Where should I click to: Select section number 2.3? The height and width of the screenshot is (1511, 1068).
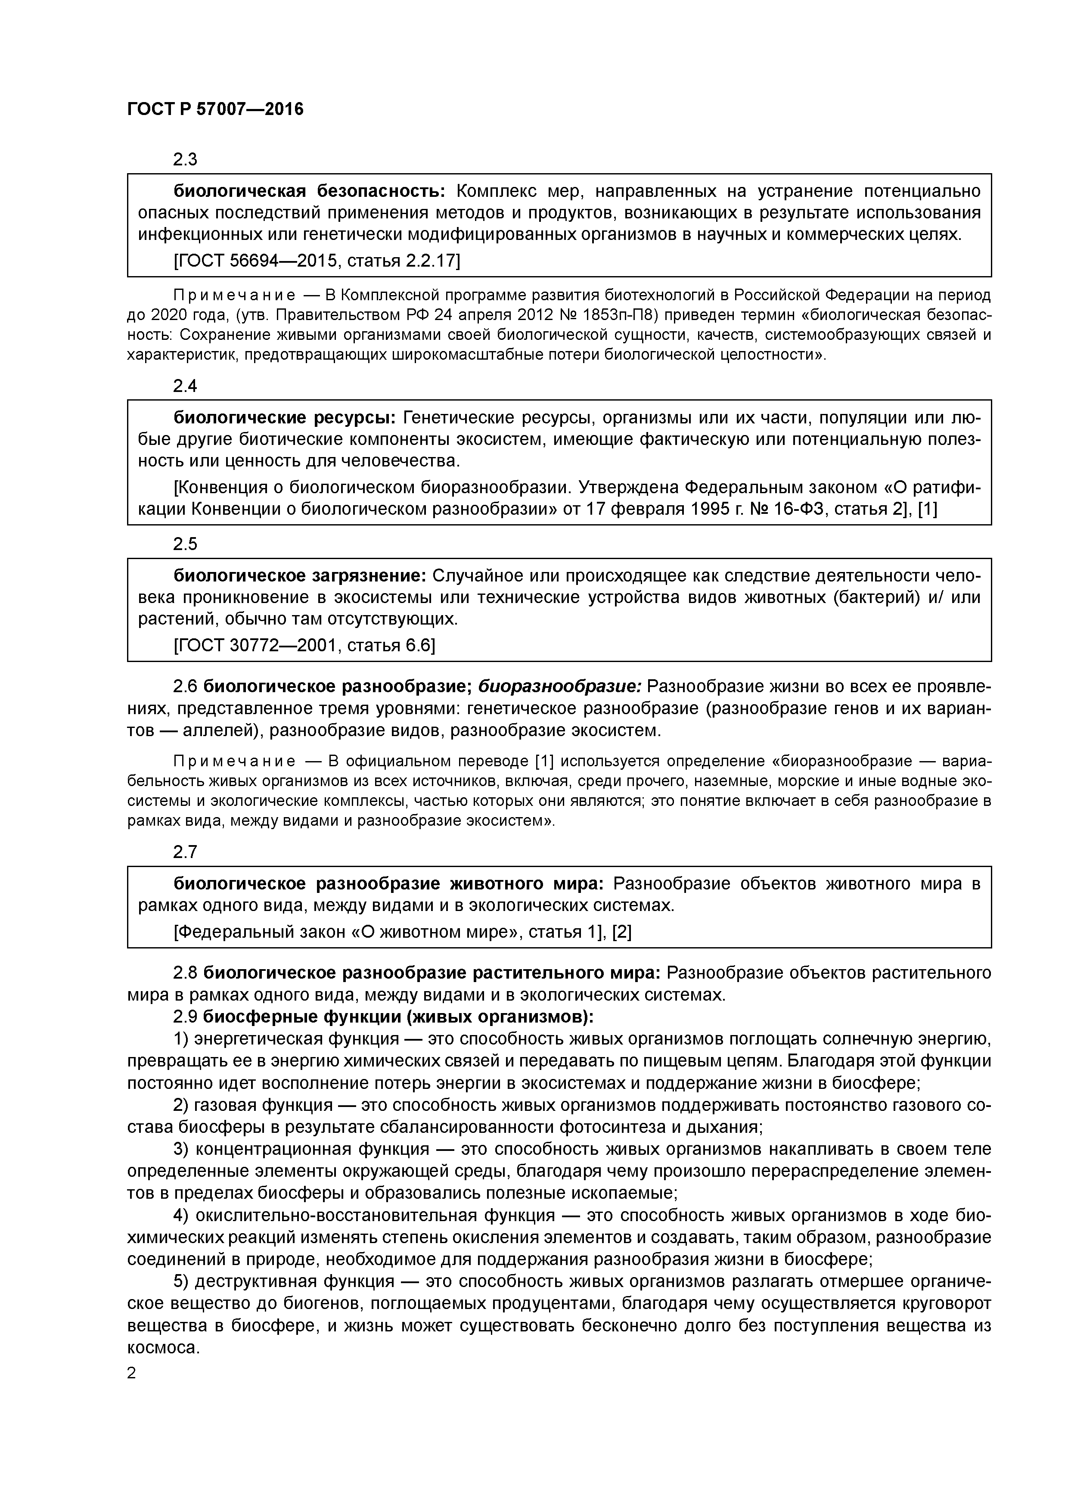pos(185,159)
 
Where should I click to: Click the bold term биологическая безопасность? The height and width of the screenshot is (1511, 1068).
pos(309,192)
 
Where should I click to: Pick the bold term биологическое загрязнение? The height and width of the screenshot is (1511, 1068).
pos(300,576)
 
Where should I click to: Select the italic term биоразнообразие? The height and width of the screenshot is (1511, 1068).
pos(559,687)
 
